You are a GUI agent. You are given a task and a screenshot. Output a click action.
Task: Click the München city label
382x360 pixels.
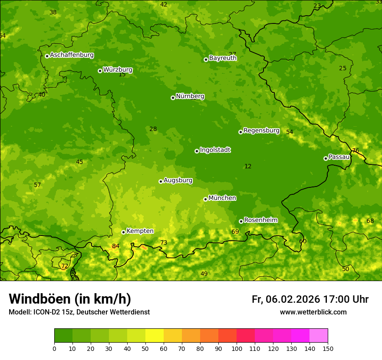[x=222, y=198]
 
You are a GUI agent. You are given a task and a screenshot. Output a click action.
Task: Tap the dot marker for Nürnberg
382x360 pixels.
[x=173, y=98]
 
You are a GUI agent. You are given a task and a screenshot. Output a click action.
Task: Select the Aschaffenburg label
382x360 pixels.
[x=72, y=55]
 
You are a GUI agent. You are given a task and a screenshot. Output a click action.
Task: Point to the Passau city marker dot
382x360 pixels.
[x=326, y=158]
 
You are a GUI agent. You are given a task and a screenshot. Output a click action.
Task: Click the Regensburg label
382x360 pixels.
[x=261, y=131]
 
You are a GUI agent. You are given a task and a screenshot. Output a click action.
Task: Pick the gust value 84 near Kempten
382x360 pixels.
[x=115, y=246]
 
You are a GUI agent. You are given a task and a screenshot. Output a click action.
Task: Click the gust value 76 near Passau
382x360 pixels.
[x=356, y=151]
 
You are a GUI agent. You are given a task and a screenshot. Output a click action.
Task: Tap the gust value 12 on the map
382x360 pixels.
[x=248, y=167]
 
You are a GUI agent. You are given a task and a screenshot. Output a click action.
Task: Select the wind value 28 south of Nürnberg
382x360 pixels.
[x=153, y=129]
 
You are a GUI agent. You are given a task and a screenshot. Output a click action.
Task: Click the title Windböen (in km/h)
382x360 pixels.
[x=70, y=299]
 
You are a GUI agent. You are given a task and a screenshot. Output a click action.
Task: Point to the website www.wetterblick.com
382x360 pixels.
[x=313, y=312]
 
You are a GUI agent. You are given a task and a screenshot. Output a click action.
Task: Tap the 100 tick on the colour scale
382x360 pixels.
[x=237, y=348]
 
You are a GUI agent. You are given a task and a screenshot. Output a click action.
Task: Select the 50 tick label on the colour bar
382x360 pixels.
[x=145, y=348]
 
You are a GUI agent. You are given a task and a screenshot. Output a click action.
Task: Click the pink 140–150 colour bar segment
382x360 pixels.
[x=319, y=336]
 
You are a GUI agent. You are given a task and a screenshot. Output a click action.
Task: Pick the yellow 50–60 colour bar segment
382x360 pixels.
[x=155, y=336]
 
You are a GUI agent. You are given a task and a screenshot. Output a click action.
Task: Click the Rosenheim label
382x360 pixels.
[x=260, y=220]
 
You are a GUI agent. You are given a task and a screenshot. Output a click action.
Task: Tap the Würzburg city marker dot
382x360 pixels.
[x=100, y=71]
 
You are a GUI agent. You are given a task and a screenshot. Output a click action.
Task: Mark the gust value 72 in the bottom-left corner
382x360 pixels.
[x=64, y=266]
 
